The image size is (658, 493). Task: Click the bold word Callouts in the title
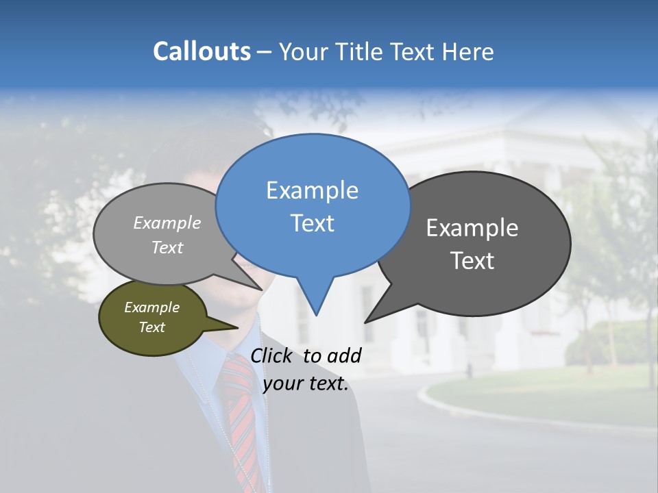click(202, 51)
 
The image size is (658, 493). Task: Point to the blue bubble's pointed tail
click(316, 301)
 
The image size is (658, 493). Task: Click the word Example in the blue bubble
click(312, 190)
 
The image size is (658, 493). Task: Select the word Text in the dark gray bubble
click(472, 261)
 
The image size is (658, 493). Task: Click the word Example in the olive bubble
click(151, 307)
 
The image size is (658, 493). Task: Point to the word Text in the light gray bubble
click(167, 248)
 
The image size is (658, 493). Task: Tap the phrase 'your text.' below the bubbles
click(306, 383)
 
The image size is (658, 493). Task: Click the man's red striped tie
click(241, 411)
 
